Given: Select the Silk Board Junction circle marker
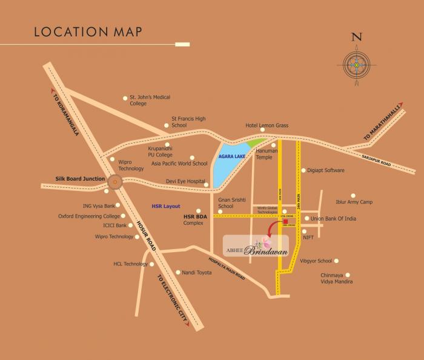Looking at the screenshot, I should [114, 180].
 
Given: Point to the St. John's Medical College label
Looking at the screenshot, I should [150, 100].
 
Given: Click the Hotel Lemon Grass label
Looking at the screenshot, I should [267, 125].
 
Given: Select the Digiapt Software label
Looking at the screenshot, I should [326, 170].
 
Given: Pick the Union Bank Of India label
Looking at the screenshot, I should [333, 218].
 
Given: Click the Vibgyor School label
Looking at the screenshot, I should [316, 261].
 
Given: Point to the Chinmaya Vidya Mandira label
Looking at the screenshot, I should [337, 278].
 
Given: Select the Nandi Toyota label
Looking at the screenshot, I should [197, 273].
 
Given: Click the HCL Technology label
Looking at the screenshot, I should [130, 264].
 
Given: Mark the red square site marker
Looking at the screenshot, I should [285, 221].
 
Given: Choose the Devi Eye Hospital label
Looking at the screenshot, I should [185, 181].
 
